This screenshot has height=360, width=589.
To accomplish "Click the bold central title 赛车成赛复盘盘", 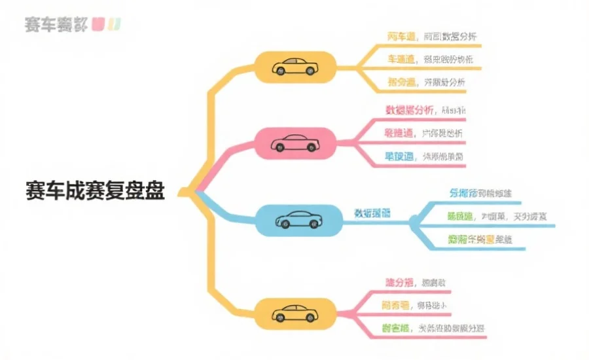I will pos(96,191).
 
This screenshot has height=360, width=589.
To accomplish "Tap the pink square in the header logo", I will pos(99,25).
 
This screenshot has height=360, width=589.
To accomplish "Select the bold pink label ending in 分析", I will pos(410,110).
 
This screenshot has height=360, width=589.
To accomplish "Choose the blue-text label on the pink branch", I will pos(399,156).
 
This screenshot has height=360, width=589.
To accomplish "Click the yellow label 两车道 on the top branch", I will pos(401,37).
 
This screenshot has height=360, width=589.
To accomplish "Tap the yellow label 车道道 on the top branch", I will pos(401,60).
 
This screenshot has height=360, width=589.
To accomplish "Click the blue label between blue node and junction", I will pos(372,213).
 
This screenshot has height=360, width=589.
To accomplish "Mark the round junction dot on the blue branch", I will pos(413,221).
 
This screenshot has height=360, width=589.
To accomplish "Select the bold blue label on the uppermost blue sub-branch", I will pos(463,193).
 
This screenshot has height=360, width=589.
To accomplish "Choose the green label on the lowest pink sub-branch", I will pos(397,329).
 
